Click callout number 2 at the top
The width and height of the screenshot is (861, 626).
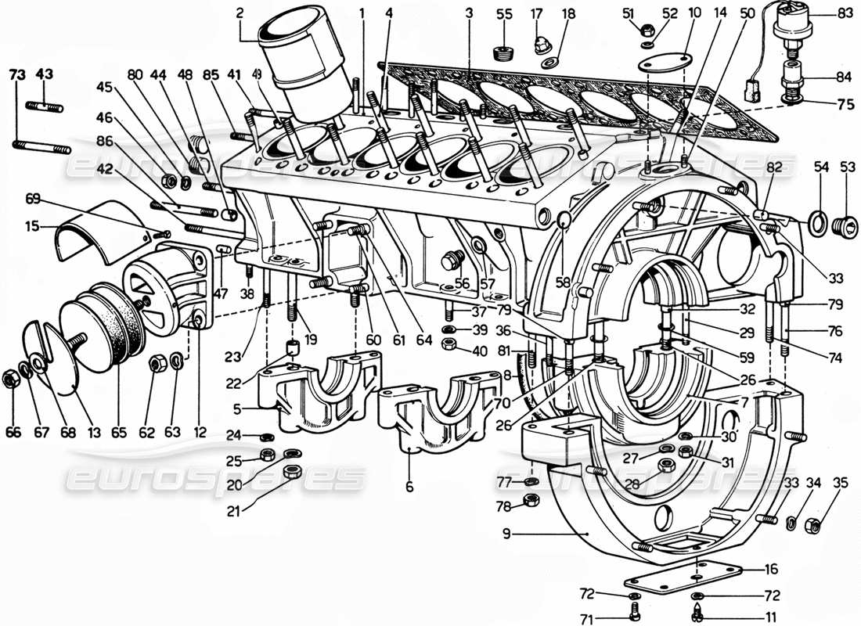(x=240, y=13)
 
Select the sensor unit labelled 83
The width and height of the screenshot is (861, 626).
(x=792, y=26)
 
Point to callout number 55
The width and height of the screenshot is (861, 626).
(x=504, y=14)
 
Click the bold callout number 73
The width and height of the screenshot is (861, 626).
(x=16, y=74)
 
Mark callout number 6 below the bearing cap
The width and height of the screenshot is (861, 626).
(x=409, y=487)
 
